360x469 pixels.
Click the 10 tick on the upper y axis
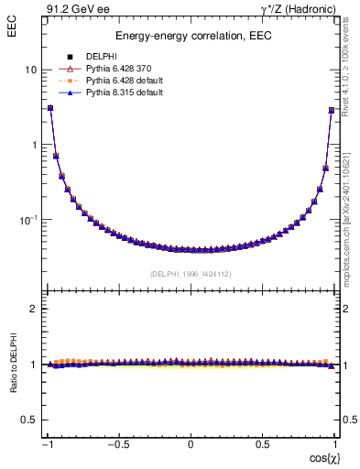[x=30, y=71]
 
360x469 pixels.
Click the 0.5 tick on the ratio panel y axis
[x=28, y=420]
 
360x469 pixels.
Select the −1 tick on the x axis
[x=48, y=444]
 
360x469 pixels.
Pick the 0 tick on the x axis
[x=191, y=444]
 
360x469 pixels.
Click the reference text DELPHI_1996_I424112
[x=191, y=273]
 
